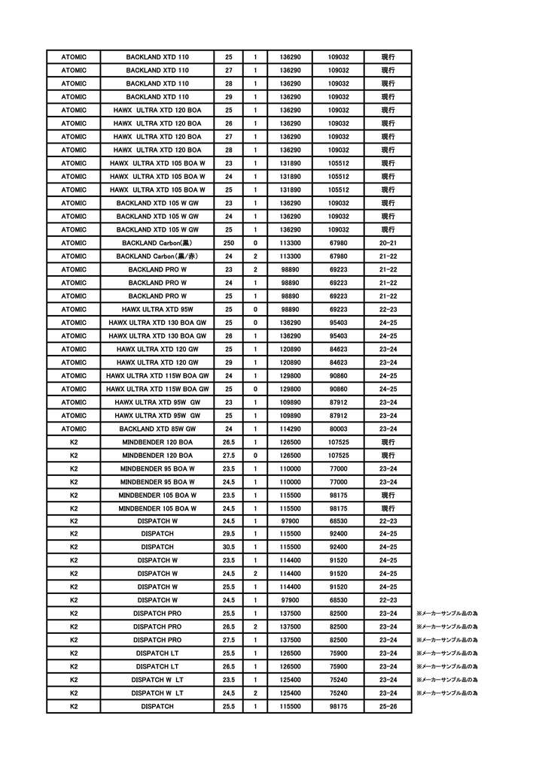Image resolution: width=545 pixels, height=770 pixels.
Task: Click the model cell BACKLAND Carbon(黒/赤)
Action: click(157, 256)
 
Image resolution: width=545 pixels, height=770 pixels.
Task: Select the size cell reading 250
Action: click(229, 243)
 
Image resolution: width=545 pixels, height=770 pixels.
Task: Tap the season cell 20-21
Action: click(388, 243)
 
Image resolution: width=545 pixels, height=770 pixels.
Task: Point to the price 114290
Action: click(290, 429)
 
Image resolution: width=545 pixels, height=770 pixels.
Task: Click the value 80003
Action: click(338, 429)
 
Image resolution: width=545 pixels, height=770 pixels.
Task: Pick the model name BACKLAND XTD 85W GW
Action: click(157, 429)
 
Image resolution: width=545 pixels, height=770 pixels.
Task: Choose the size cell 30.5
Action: click(229, 547)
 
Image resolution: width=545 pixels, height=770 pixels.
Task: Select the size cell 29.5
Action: click(229, 534)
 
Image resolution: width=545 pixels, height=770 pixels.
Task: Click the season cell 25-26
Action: click(388, 707)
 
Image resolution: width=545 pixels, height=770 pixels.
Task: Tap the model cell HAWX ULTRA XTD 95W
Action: click(157, 309)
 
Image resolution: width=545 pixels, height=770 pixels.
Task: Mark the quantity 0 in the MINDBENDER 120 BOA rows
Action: click(255, 455)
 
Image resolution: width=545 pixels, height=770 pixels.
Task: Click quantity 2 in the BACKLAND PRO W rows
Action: click(255, 269)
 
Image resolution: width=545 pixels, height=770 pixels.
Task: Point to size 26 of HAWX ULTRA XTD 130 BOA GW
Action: click(229, 335)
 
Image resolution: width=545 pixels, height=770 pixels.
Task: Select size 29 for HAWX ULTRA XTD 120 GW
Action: click(229, 362)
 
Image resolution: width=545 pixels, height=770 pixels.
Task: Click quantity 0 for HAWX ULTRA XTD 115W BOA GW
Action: click(255, 389)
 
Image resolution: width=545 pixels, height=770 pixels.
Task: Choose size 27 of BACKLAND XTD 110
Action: click(229, 70)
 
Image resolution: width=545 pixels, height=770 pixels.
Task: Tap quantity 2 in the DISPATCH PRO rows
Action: click(255, 626)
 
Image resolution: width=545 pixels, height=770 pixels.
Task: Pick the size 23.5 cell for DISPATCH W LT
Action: click(229, 680)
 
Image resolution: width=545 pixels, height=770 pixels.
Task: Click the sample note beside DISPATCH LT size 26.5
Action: click(447, 666)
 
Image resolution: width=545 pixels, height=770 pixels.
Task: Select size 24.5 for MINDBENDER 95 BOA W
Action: click(229, 481)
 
